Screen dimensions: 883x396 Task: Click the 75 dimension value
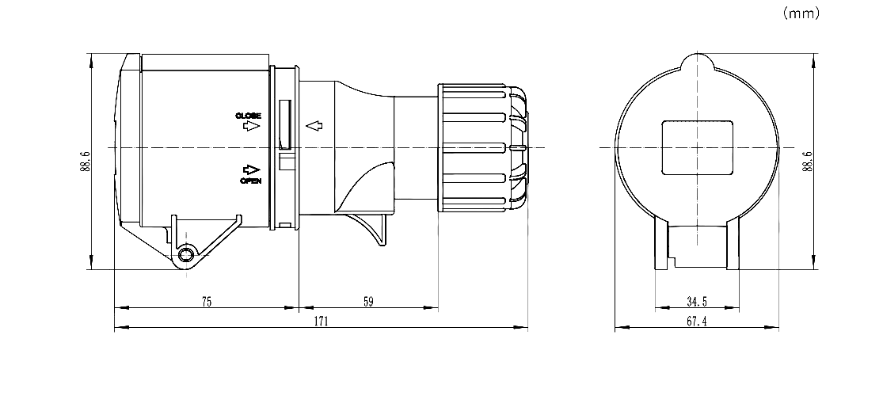207,302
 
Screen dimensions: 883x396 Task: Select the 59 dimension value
367,302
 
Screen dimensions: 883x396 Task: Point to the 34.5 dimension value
697,302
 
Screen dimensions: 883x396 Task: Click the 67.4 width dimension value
697,322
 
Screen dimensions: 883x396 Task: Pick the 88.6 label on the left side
85,161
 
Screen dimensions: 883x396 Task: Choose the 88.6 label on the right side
808,161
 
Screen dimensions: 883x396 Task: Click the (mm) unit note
801,13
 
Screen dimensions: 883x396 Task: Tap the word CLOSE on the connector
249,116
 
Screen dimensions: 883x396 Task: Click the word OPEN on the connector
250,181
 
